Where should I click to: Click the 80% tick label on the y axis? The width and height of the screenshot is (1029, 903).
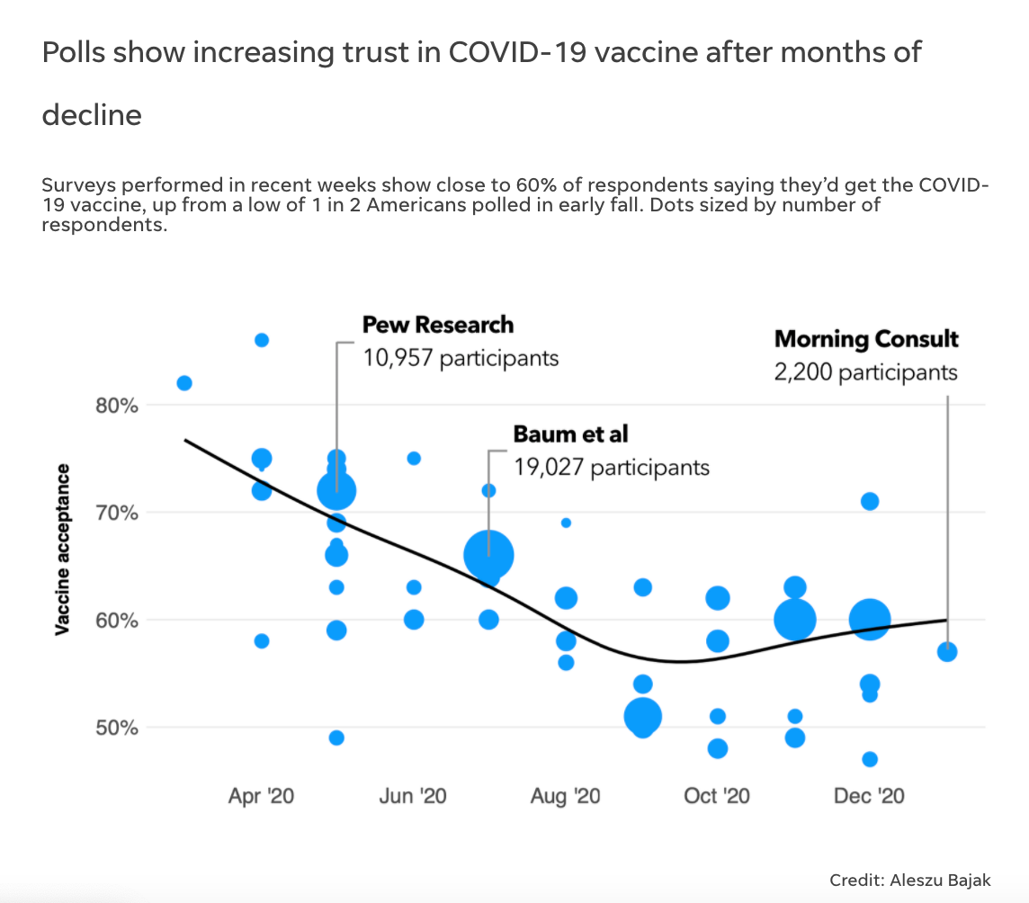(x=117, y=405)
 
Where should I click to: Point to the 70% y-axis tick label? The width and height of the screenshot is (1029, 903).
(x=117, y=513)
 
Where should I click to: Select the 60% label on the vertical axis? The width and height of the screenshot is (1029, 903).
(x=117, y=620)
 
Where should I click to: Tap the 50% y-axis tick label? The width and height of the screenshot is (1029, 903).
(x=117, y=727)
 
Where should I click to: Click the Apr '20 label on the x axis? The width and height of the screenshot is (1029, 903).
(x=261, y=796)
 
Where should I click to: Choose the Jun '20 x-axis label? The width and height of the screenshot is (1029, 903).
(x=413, y=796)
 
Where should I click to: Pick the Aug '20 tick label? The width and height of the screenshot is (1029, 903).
(x=565, y=796)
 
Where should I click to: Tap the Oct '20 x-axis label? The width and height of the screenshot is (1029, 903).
(x=717, y=796)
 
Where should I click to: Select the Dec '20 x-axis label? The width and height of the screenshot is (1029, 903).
(x=869, y=796)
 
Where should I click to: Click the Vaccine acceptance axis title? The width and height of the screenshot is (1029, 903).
(x=63, y=550)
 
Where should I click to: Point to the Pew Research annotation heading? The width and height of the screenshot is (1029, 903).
(x=438, y=325)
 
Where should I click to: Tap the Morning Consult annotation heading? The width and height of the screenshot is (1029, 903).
(x=866, y=339)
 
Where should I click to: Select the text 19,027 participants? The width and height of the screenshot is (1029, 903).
(x=612, y=467)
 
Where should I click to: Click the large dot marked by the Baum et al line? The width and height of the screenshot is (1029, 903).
(x=488, y=555)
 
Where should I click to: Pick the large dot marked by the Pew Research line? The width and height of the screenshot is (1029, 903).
(x=336, y=490)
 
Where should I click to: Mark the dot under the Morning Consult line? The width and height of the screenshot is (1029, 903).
(x=947, y=651)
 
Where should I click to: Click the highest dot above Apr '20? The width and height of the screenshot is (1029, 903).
(x=262, y=340)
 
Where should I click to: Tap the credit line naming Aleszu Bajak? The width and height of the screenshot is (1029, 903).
(x=909, y=879)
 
